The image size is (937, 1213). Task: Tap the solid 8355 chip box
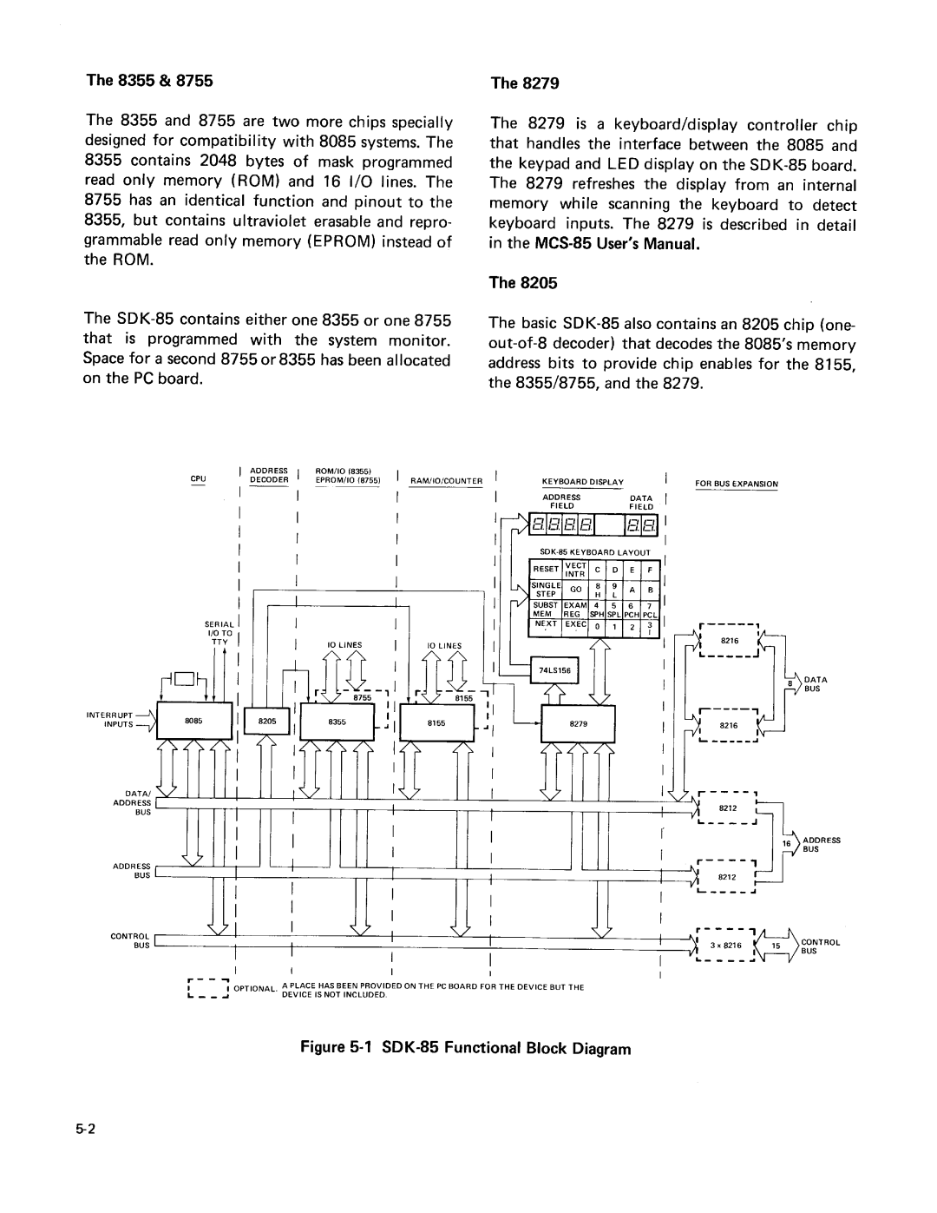pyautogui.click(x=337, y=722)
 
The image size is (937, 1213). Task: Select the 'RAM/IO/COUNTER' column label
pyautogui.click(x=446, y=479)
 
